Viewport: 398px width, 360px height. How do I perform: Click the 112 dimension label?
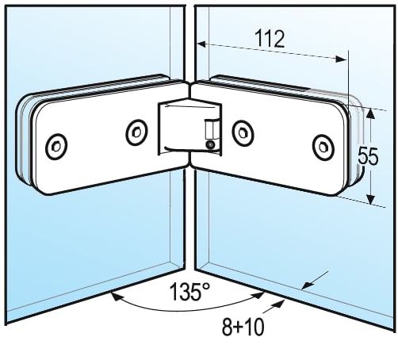[270, 39]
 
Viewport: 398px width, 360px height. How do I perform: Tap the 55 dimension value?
[368, 156]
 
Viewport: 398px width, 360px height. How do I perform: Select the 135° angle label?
[189, 292]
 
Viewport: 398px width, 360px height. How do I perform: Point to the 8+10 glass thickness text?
[243, 327]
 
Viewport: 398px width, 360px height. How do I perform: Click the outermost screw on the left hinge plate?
[56, 146]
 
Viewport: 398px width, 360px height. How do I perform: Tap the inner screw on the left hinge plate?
[136, 132]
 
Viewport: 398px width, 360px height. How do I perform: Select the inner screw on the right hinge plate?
[243, 132]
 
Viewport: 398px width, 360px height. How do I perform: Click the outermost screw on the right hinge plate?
[323, 147]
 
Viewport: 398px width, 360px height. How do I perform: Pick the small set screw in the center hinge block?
[210, 144]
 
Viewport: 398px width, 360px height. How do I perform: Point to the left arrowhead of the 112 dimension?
[201, 44]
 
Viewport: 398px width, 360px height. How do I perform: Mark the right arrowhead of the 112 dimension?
[342, 59]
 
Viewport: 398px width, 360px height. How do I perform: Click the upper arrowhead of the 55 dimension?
[370, 114]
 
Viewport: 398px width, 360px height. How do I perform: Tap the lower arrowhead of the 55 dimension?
[371, 199]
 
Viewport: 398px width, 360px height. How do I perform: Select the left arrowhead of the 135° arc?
[117, 296]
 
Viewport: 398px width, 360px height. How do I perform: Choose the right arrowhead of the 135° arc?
[258, 294]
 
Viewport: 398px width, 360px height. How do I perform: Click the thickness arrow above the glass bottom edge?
[315, 280]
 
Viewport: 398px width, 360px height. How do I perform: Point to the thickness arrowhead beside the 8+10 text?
[279, 304]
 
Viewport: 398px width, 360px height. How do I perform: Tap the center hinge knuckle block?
[189, 126]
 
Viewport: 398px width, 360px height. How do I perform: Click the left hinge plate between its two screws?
[97, 140]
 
